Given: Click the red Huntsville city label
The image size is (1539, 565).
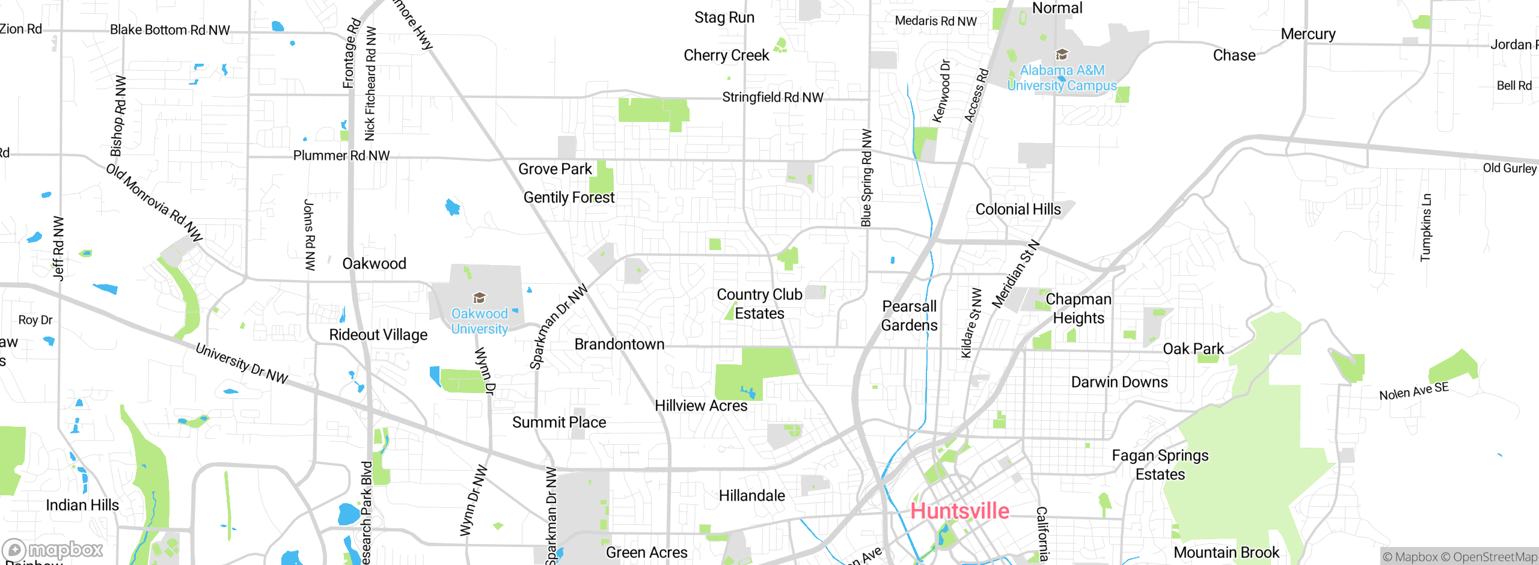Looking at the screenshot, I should click(x=959, y=511).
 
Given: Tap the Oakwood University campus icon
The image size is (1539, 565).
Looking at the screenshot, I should click(x=479, y=298).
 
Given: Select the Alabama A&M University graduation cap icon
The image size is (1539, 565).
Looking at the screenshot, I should click(x=1062, y=55).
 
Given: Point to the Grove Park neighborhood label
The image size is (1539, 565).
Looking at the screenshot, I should click(x=555, y=169).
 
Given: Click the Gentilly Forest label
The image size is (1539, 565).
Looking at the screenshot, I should click(x=569, y=197).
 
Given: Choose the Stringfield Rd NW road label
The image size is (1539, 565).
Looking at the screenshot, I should click(x=773, y=97).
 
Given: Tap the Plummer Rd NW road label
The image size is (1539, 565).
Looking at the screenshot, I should click(x=341, y=156).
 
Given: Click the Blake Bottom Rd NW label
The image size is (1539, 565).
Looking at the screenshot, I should click(x=170, y=30).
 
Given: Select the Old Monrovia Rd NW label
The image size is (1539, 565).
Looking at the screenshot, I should click(x=155, y=203).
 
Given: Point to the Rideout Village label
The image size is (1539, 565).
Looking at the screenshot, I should click(x=378, y=335).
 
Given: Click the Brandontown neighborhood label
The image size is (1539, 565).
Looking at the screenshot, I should click(x=619, y=344).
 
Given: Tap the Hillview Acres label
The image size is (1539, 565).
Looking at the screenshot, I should click(x=701, y=406).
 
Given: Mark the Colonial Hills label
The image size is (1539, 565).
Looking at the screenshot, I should click(x=1018, y=209).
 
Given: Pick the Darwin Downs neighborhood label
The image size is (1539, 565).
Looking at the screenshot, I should click(x=1119, y=382).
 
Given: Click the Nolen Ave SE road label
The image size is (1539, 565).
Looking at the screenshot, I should click(x=1414, y=391).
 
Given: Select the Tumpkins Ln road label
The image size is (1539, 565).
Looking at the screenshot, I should click(x=1425, y=228).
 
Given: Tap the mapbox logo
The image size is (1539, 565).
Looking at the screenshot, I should click(x=53, y=550).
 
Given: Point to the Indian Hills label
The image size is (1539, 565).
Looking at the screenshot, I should click(x=82, y=505).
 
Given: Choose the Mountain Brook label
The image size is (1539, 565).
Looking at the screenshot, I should click(x=1226, y=552).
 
